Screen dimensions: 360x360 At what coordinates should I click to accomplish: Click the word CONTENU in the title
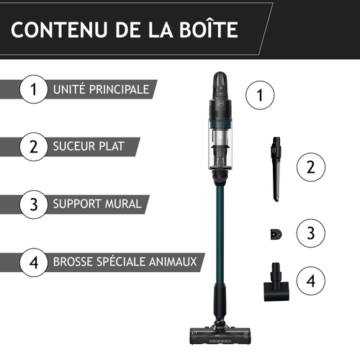tap(59, 30)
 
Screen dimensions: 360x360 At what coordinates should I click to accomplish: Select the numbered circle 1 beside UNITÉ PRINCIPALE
tap(34, 89)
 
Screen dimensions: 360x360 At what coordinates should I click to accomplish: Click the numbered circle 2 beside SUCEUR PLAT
tap(34, 147)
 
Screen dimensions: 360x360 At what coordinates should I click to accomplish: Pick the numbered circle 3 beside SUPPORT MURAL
tap(34, 204)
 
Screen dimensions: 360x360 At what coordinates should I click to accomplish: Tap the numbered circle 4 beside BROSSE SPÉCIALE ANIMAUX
tap(34, 262)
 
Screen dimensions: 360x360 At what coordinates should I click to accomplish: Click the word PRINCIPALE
tap(119, 89)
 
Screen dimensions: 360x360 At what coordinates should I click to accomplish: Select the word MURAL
tap(123, 204)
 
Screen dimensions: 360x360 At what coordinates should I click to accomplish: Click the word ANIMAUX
tap(173, 261)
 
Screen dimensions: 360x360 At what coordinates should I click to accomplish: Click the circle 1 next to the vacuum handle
tap(260, 95)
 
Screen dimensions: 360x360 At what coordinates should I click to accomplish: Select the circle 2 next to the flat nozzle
tap(311, 167)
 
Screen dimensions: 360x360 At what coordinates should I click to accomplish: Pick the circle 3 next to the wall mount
tap(311, 233)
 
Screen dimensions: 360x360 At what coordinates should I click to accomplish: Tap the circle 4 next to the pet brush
tap(311, 281)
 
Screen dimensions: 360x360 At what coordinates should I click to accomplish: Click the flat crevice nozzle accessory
tap(276, 169)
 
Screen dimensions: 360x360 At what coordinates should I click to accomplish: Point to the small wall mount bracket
tap(276, 235)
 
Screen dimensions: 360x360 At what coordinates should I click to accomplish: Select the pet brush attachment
tap(276, 282)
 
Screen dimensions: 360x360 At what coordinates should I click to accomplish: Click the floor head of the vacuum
tap(220, 335)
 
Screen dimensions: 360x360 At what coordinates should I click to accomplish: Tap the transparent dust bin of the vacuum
tap(220, 149)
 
